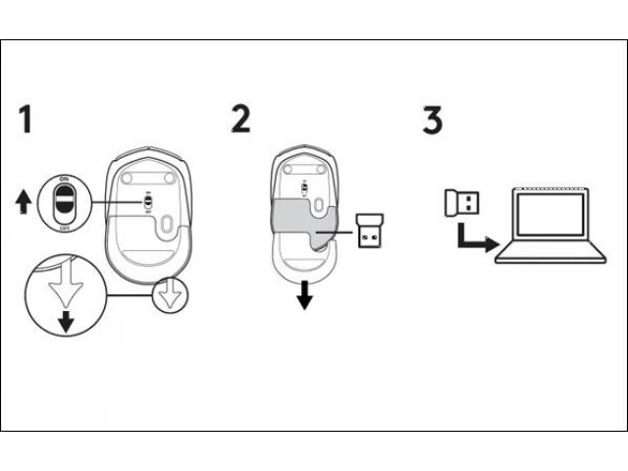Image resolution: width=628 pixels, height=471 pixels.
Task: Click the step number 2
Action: point(240,119)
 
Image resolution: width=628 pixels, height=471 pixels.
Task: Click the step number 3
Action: point(432,121)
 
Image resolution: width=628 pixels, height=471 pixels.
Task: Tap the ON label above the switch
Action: point(64,177)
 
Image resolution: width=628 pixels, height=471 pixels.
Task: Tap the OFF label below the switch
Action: point(64,226)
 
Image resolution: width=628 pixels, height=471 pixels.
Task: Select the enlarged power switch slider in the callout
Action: point(64,201)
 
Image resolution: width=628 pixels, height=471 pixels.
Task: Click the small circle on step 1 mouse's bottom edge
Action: point(171,294)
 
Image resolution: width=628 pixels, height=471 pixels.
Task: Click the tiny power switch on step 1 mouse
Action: point(145,199)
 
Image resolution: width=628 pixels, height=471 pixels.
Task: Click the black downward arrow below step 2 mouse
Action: point(304,295)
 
